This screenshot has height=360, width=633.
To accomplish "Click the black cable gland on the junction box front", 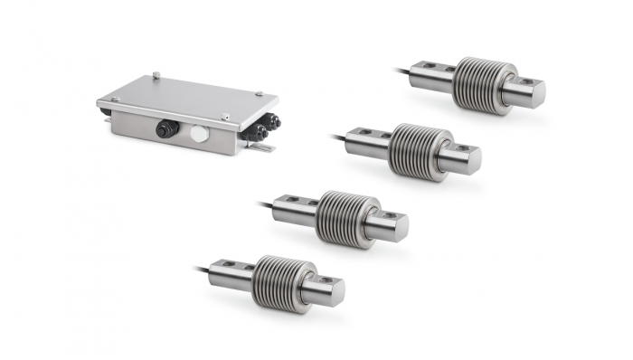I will tap(164, 129).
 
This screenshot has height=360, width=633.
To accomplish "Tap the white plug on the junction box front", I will tap(197, 134).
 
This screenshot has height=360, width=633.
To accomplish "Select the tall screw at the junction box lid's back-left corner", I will tap(156, 77).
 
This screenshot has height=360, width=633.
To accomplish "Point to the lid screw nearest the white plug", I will tap(225, 117).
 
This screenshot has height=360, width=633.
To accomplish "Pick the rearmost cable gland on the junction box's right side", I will tap(271, 120).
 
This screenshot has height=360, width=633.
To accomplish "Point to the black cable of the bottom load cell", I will tap(201, 268).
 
